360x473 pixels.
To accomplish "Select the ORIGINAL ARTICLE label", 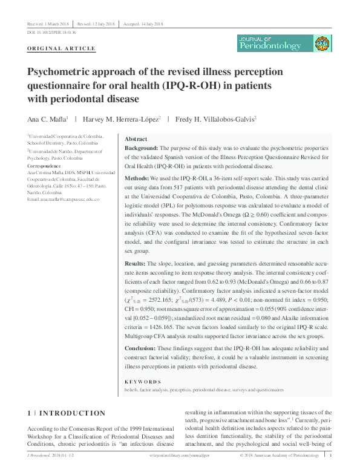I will (62, 48).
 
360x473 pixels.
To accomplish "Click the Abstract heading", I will (136, 139).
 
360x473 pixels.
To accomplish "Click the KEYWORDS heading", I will (143, 382).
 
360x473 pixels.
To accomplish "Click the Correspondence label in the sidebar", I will (44, 166).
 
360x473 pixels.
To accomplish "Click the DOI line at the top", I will (51, 31).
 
